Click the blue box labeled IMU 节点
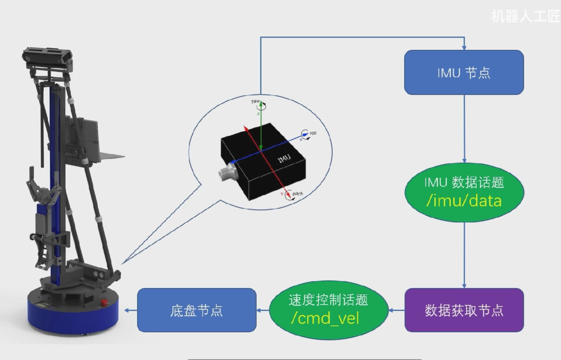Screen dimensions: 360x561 464,72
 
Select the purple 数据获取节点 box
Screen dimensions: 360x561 464,310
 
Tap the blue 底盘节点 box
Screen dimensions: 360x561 196,310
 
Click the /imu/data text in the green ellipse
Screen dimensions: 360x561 464,201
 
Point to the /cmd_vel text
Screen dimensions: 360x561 325,319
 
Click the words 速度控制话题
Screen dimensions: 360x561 328,300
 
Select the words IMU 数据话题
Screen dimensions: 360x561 464,182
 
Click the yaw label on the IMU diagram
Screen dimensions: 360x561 255,101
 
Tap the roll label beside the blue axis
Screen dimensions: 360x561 313,133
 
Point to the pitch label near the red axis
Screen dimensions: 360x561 297,194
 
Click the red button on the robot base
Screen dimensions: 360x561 103,302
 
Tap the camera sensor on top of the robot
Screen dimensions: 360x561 47,57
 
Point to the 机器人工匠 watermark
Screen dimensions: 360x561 525,16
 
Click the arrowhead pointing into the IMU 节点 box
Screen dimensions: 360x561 464,48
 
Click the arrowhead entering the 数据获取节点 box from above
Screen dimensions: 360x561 464,286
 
